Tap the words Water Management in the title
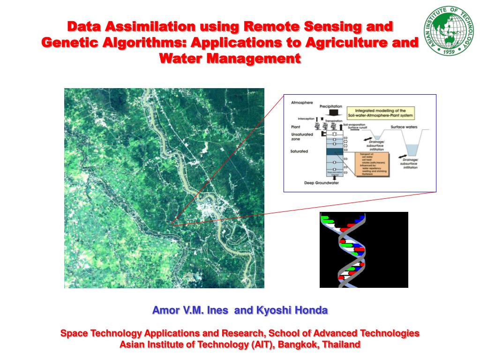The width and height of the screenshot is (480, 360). click(230, 59)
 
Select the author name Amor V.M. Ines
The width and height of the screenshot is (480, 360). click(190, 310)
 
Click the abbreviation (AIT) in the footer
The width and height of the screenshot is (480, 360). click(253, 345)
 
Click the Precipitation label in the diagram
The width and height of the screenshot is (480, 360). click(330, 106)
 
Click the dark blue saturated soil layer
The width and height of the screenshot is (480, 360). click(335, 151)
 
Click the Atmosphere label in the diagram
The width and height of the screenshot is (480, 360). click(302, 102)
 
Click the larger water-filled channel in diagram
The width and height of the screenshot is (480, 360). click(413, 149)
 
